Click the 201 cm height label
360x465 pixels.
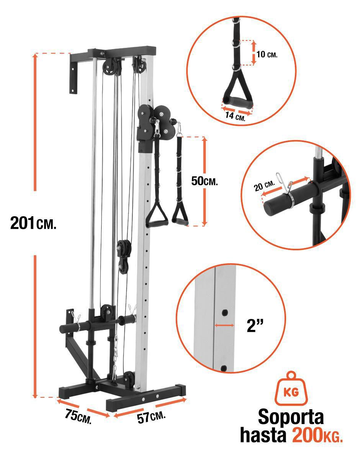[x=33, y=223]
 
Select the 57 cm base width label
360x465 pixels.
[x=151, y=416]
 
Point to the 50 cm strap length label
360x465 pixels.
[x=205, y=181]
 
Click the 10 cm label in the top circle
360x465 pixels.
[x=267, y=54]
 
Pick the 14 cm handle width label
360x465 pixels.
[x=235, y=116]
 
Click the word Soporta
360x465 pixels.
[x=291, y=417]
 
